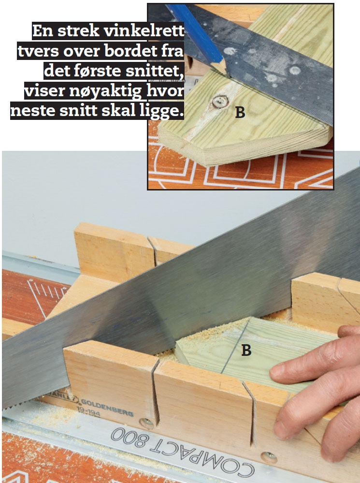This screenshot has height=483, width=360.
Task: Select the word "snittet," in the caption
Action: click(155, 71)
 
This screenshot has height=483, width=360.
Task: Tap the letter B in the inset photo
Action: click(240, 113)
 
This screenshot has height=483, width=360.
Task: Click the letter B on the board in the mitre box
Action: click(246, 350)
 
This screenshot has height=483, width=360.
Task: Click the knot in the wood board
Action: click(220, 102)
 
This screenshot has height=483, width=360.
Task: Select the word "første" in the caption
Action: click(98, 71)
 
